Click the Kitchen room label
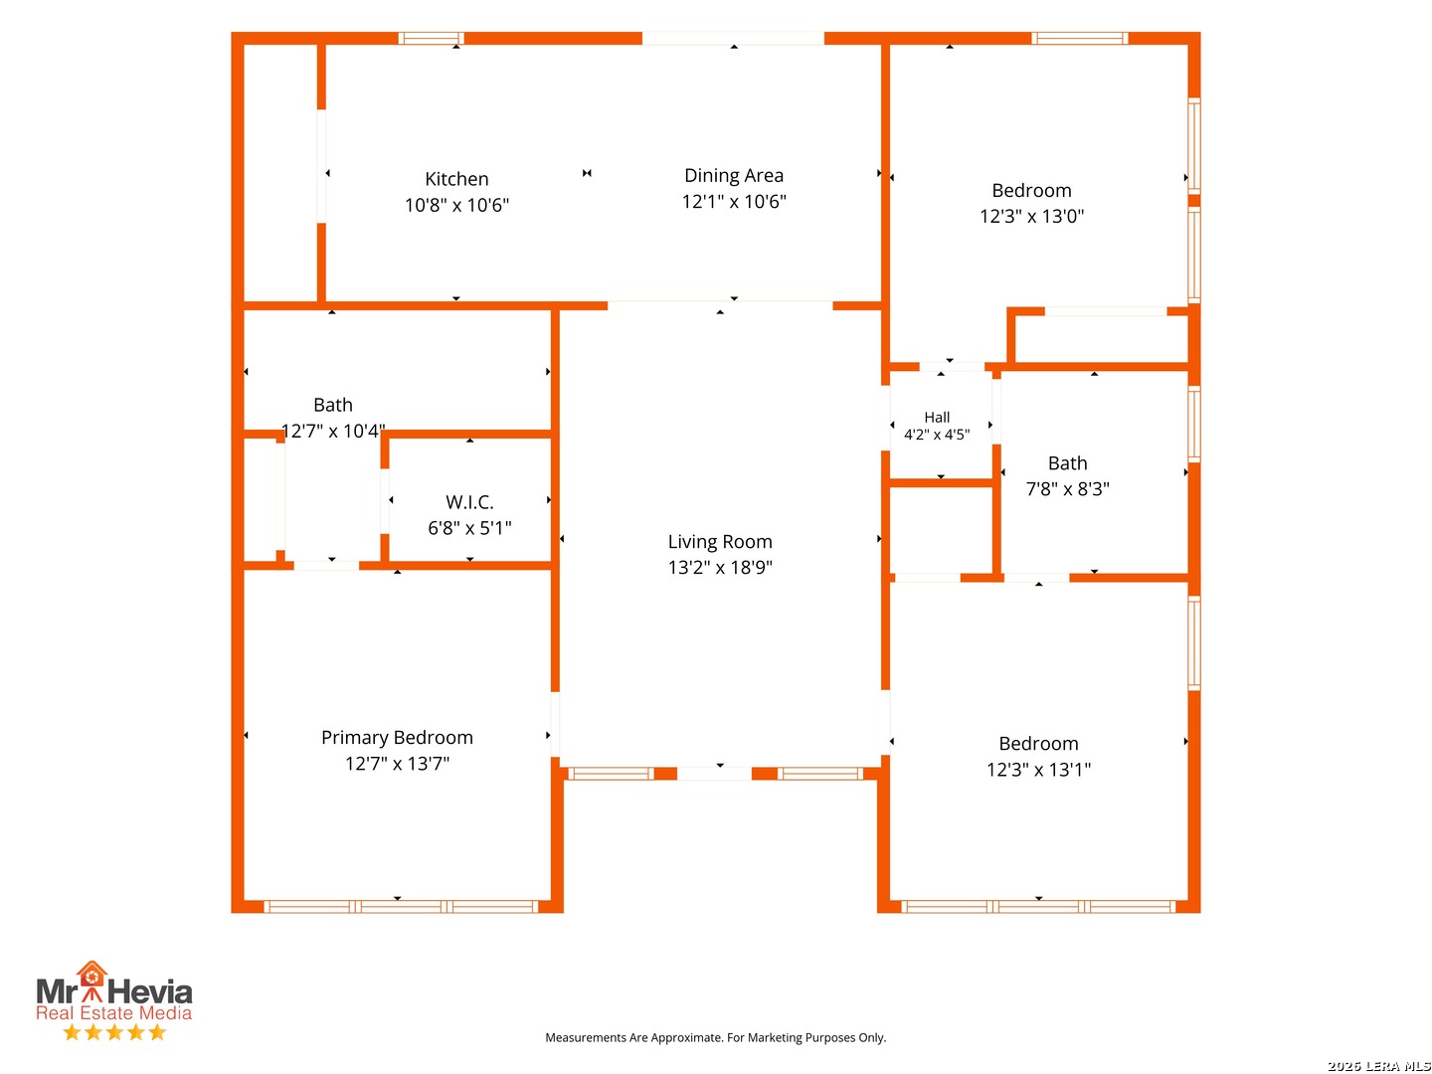(456, 179)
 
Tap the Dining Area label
(734, 175)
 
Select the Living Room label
(720, 542)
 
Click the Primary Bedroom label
(397, 738)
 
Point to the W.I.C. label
(469, 503)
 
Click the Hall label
(937, 418)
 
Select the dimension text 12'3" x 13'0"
(1031, 217)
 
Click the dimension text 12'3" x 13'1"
(1038, 770)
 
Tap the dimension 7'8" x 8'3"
(1067, 489)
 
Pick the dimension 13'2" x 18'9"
(720, 567)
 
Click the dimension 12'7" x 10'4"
(333, 431)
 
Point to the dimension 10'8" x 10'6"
(456, 206)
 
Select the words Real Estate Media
(114, 1012)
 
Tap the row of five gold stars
(114, 1032)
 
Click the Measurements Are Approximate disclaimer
(715, 1037)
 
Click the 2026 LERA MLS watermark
(1378, 1065)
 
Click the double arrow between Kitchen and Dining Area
(587, 173)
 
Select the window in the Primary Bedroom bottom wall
(401, 906)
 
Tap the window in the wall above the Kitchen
(431, 39)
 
